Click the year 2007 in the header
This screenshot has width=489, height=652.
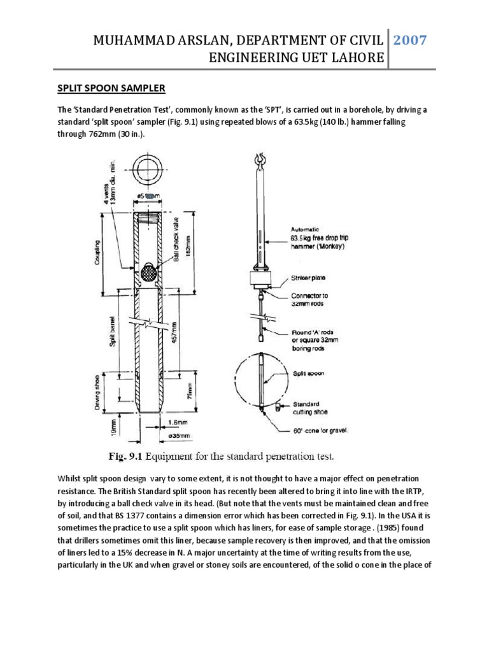(409, 41)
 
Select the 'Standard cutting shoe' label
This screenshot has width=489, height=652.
(311, 407)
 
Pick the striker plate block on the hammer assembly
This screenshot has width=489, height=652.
(259, 278)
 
